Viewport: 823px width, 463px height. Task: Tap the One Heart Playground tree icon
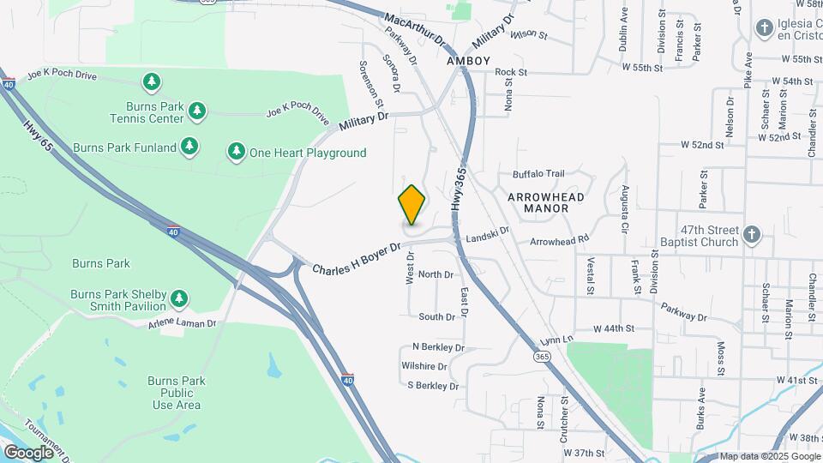click(236, 152)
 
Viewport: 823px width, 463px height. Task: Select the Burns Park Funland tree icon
click(189, 147)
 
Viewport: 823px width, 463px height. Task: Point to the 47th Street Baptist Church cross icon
click(751, 234)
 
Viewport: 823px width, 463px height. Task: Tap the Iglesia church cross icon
click(764, 28)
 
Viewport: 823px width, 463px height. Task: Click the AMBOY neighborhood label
click(468, 61)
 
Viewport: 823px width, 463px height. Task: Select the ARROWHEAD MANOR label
click(545, 202)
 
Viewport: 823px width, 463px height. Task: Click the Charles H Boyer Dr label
click(357, 258)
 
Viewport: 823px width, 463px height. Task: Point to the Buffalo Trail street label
click(538, 173)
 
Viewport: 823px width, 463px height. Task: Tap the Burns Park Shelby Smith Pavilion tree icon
click(178, 298)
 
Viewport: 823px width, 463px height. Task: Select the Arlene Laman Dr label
click(182, 324)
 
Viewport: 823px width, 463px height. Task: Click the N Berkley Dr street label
click(438, 347)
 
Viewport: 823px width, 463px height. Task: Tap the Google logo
click(28, 452)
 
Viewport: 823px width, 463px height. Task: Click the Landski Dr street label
click(487, 231)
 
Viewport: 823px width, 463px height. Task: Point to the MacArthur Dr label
click(416, 31)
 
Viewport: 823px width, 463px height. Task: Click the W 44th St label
click(613, 328)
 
